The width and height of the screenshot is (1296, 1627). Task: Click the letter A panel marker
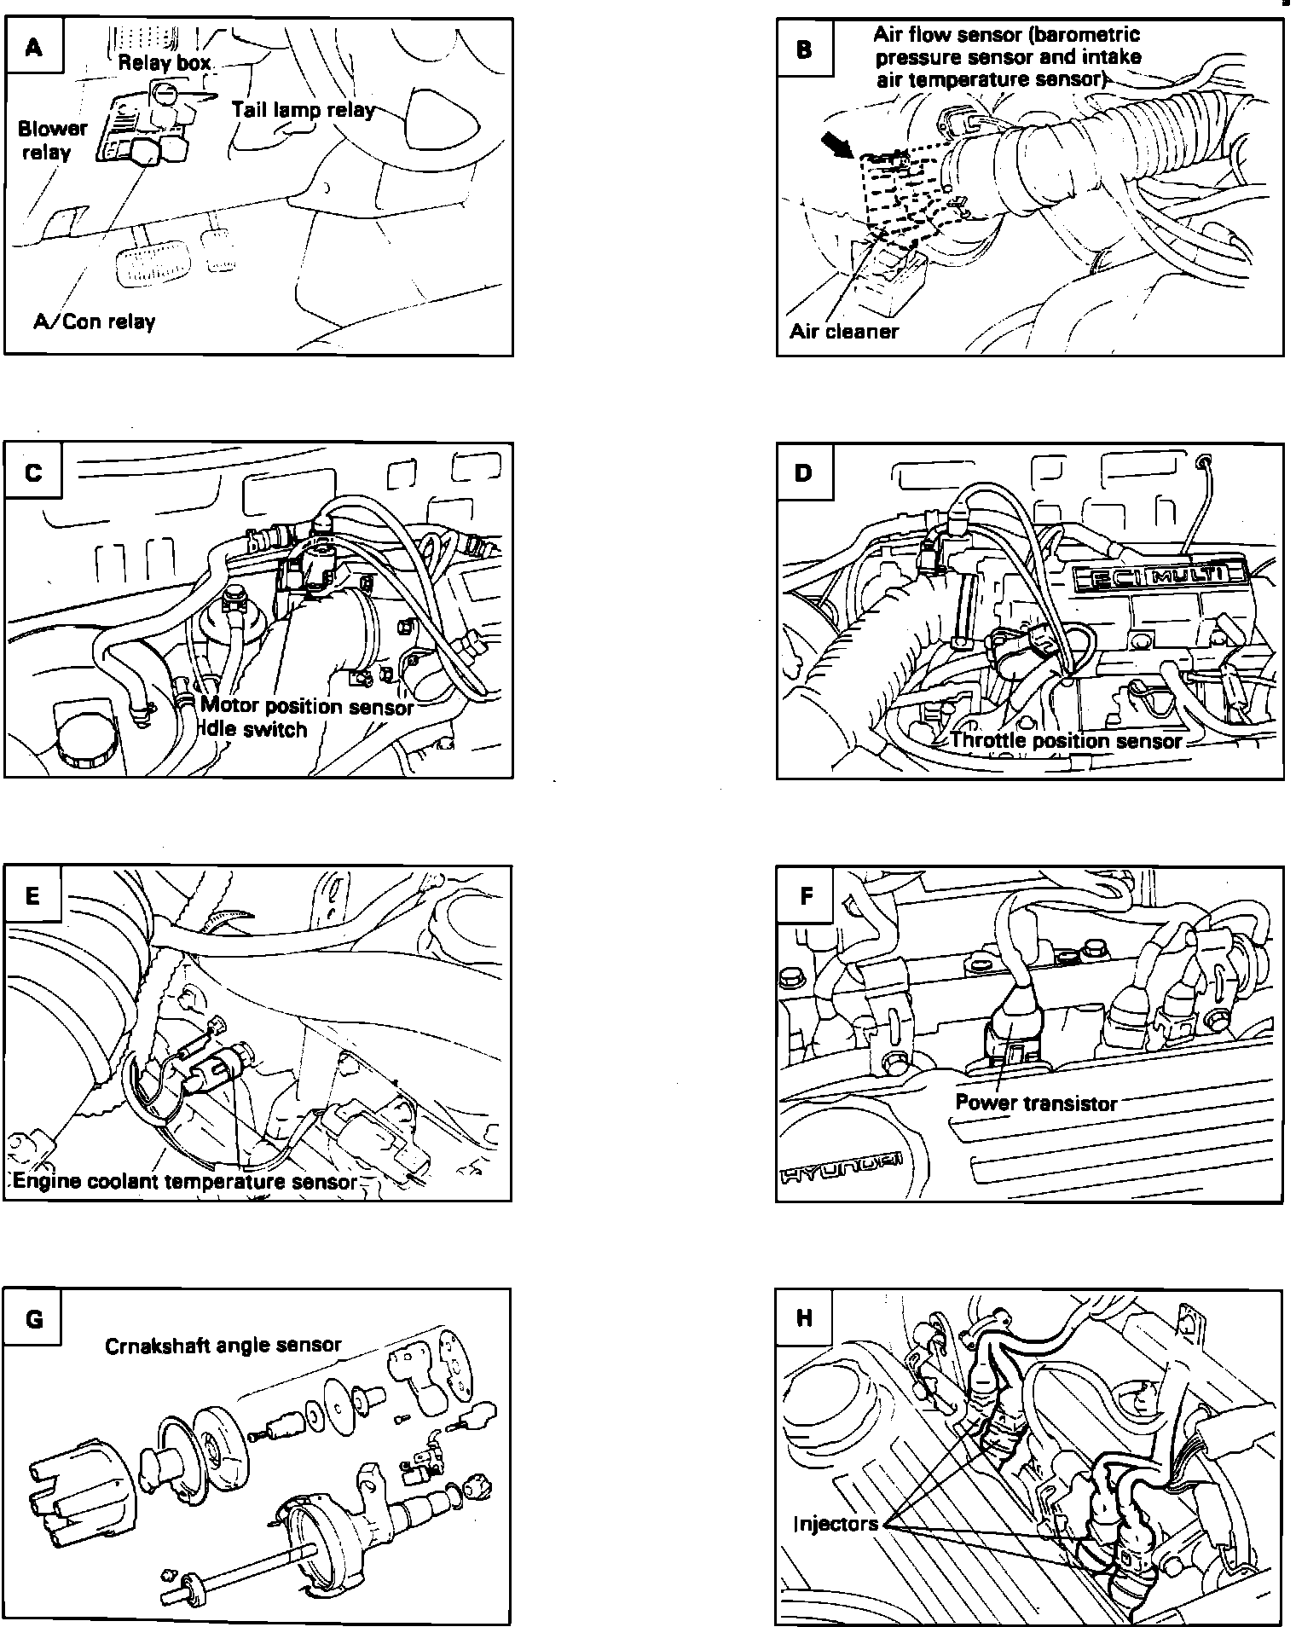point(34,48)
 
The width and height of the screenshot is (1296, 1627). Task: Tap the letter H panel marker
point(804,1319)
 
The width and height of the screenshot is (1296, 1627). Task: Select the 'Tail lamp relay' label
point(303,110)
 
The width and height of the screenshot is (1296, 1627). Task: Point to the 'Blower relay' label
point(52,140)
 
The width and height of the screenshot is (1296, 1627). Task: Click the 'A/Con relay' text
point(94,321)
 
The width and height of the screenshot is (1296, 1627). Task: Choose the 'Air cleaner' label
point(844,331)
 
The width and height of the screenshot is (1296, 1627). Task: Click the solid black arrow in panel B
point(837,144)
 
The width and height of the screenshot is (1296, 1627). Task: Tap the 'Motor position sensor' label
point(307,706)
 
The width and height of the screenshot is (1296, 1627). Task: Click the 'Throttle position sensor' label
point(1066,740)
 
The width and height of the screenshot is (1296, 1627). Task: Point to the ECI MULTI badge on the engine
point(1156,577)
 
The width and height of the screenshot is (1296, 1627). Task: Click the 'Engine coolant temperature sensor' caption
point(185,1181)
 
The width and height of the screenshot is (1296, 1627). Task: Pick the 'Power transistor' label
point(1036,1103)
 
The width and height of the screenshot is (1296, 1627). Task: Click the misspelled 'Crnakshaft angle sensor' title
point(223,1346)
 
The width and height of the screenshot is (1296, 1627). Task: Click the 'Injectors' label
point(836,1524)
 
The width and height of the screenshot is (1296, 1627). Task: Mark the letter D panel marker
point(804,472)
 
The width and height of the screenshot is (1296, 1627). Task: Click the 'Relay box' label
point(165,62)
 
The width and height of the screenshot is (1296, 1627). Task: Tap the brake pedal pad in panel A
point(145,265)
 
